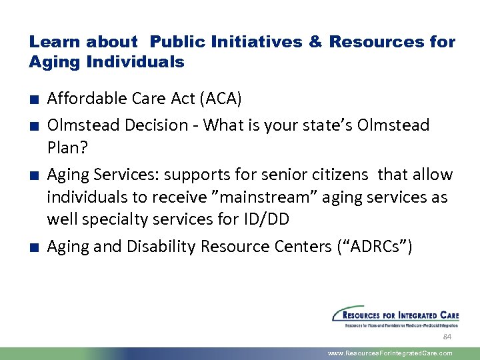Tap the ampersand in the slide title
314,42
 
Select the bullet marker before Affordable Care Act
33,100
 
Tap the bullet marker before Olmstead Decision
33,126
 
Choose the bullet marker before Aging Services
33,176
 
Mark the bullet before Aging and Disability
33,248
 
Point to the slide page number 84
447,337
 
